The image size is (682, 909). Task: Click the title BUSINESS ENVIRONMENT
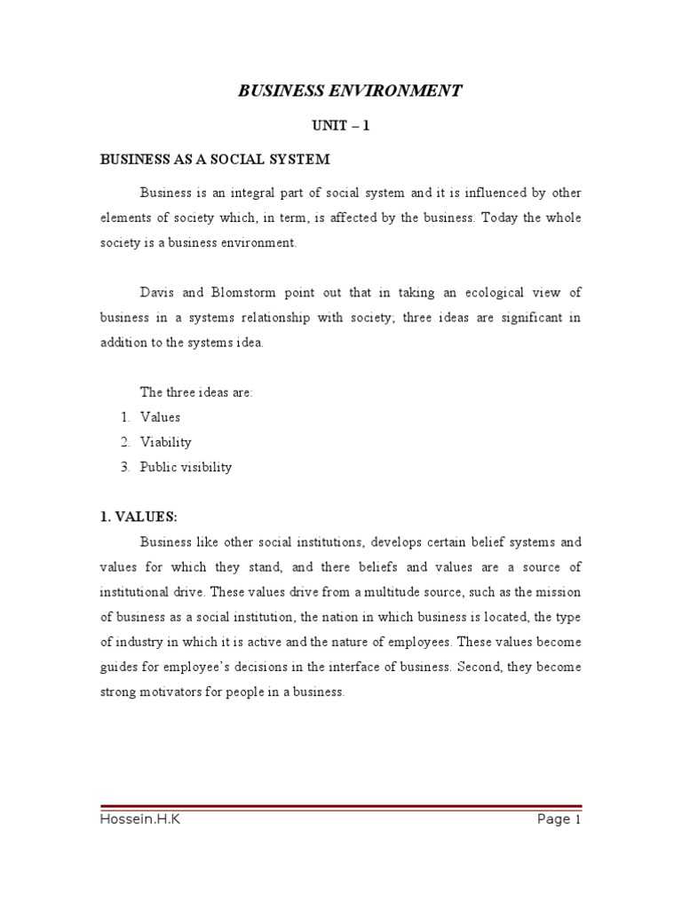349,91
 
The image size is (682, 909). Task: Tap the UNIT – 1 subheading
341,126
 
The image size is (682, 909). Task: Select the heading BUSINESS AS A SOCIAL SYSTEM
214,160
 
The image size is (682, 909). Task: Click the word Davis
156,292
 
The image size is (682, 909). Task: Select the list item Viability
166,441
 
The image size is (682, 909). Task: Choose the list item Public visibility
186,467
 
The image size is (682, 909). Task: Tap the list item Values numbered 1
160,416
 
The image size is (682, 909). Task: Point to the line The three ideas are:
196,391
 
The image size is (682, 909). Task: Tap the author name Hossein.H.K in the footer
141,819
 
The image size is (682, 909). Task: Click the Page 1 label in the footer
559,819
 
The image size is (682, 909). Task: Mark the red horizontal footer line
341,806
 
